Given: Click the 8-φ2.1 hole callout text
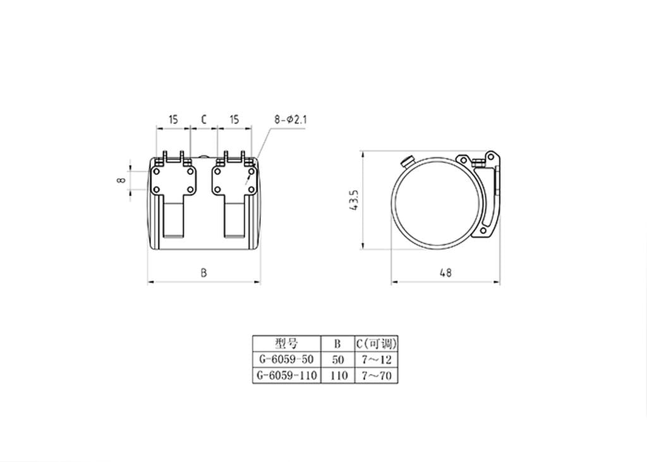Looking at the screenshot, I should [x=291, y=119].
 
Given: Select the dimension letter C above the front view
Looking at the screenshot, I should [x=203, y=119].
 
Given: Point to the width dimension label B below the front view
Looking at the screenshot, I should [x=203, y=273].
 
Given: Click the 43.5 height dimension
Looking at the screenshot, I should [x=355, y=200].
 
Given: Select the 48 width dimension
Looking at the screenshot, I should [x=445, y=273].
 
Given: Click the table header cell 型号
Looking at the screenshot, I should [x=286, y=344].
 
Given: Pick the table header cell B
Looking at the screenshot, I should [x=337, y=344].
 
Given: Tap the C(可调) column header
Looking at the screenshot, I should [x=376, y=344].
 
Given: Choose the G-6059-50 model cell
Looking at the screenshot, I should [x=286, y=360].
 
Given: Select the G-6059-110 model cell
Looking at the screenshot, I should [x=286, y=375].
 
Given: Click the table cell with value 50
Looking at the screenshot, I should [x=337, y=360].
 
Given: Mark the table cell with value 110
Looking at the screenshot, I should [x=337, y=375].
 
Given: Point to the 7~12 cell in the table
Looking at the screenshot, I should [x=376, y=360].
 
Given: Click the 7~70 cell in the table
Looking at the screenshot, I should [x=376, y=375].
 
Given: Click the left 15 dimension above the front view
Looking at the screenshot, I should [x=173, y=119].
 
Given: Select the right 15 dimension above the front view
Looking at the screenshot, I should [x=234, y=119].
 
